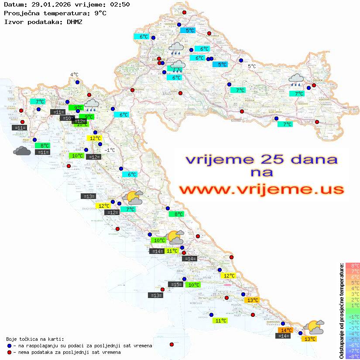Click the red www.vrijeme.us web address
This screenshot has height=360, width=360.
click(261, 189)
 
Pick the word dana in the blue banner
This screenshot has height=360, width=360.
click(311, 159)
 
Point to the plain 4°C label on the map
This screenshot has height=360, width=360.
click(74, 75)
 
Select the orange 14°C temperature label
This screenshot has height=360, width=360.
click(286, 330)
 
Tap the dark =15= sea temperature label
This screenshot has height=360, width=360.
click(175, 285)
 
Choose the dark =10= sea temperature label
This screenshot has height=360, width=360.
click(67, 118)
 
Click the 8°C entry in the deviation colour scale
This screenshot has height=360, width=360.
click(352, 265)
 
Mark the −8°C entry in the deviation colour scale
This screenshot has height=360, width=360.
click(352, 356)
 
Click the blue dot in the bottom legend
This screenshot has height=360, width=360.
click(10, 346)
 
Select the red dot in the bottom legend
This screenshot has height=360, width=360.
click(10, 352)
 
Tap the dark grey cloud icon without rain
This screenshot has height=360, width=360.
click(22, 151)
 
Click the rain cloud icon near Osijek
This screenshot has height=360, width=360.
click(297, 79)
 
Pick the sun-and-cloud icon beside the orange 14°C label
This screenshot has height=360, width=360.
click(314, 327)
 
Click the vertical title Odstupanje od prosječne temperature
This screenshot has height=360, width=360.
click(341, 310)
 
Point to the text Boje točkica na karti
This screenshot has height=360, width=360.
click(35, 339)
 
